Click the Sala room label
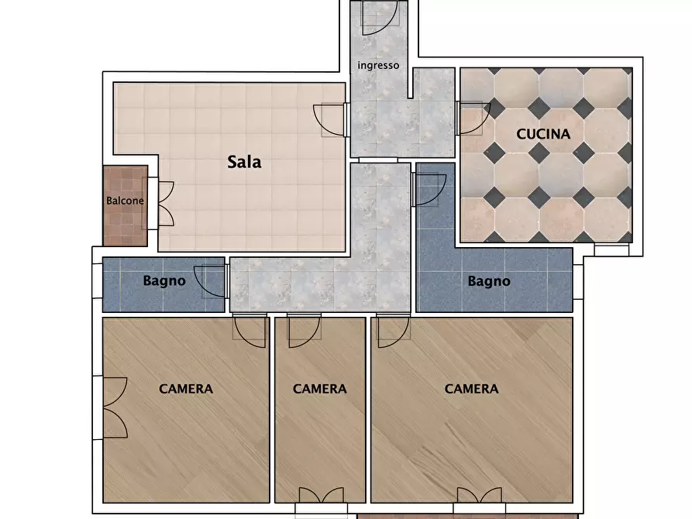[244, 162]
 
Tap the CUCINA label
[543, 134]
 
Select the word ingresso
[378, 65]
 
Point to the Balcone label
[125, 201]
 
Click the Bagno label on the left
[164, 281]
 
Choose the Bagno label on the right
[489, 281]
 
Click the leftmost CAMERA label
[186, 389]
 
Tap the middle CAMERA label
[319, 389]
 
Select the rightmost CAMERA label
[471, 389]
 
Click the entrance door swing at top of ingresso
[380, 18]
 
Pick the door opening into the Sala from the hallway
[330, 120]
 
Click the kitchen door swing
[473, 119]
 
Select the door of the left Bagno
[211, 281]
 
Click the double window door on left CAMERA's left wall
[115, 407]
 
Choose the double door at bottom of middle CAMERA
[322, 495]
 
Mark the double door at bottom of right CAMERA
[479, 495]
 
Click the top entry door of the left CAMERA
[250, 331]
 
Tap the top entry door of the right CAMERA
[393, 331]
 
